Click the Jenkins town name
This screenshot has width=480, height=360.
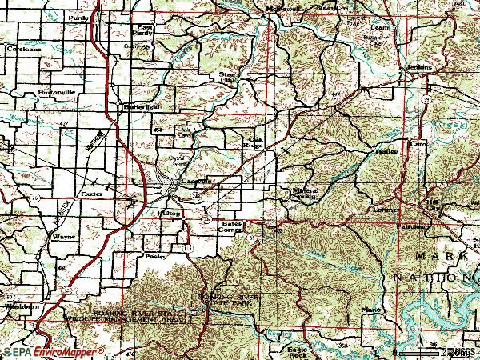coord(418,67)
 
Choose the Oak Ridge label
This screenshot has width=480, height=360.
coord(254,140)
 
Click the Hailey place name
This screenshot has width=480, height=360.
coord(385,150)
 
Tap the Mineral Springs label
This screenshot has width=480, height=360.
coord(305,194)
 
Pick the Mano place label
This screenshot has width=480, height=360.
coord(370,309)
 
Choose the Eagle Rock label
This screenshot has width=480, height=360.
coord(298,351)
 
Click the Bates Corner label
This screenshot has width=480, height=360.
coord(231,227)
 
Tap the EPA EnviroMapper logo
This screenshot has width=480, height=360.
coord(53,352)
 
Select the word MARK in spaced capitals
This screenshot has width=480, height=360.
coord(440,255)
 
